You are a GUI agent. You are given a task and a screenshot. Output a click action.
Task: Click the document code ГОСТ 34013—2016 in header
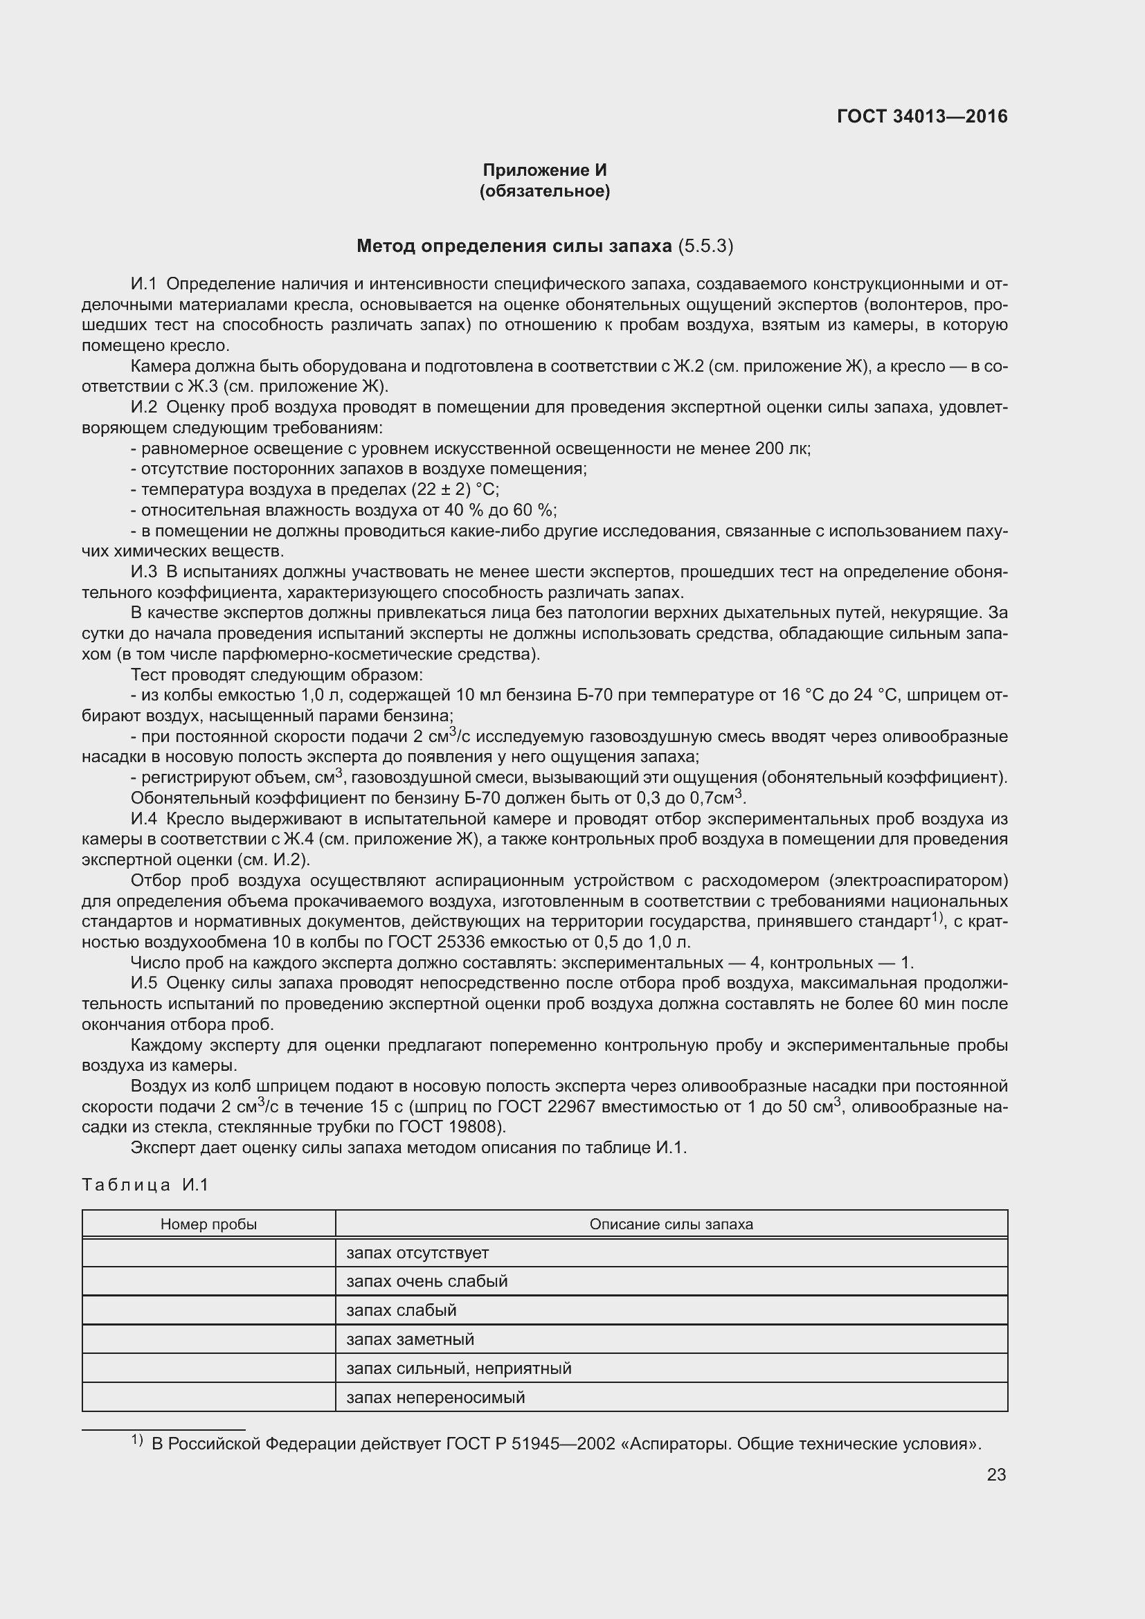pos(921,116)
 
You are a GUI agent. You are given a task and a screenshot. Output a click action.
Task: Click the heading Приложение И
pos(544,170)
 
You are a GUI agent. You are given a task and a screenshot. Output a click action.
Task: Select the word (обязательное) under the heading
pos(544,191)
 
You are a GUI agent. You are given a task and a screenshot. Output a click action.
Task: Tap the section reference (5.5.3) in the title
pos(705,246)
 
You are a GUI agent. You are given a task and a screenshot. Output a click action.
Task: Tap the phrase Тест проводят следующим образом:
pos(276,675)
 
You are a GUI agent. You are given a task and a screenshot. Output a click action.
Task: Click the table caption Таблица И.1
pos(145,1184)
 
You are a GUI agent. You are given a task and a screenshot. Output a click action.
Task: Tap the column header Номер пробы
pos(208,1224)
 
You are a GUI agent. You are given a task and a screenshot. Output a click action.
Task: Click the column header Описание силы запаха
pos(671,1224)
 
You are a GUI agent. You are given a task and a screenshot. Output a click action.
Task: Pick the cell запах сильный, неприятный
pos(458,1368)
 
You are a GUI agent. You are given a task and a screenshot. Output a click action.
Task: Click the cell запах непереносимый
pos(435,1398)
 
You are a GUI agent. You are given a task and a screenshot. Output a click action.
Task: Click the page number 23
pos(996,1474)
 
